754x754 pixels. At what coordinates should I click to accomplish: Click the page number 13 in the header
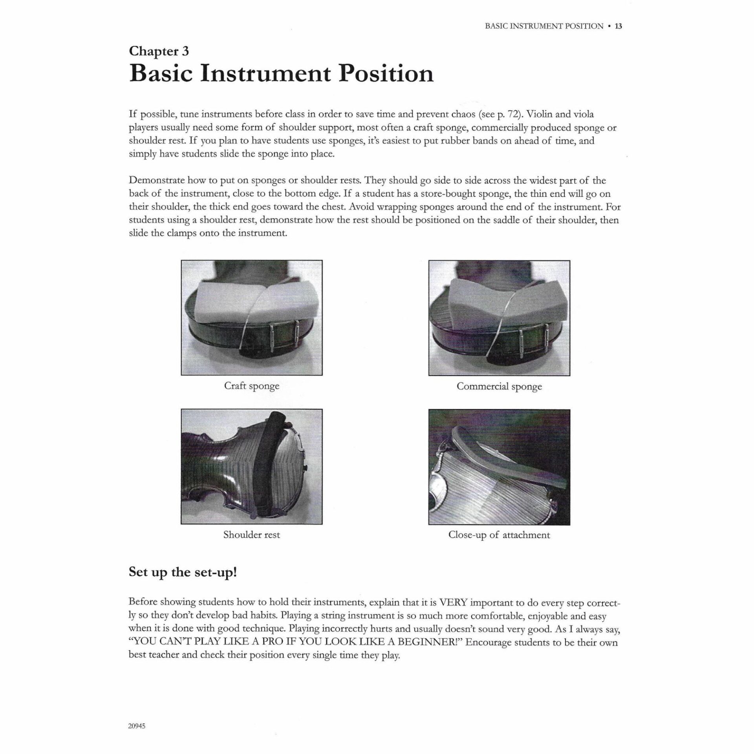click(x=619, y=26)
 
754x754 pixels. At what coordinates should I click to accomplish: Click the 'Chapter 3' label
click(x=159, y=51)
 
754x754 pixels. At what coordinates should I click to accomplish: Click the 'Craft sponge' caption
click(x=251, y=386)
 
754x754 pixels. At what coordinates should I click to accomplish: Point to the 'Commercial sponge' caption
click(x=499, y=386)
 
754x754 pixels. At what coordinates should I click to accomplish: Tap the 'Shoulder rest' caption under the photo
click(x=251, y=534)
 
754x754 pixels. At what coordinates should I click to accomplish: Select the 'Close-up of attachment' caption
click(x=499, y=535)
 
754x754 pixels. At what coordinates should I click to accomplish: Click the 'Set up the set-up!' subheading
click(x=183, y=573)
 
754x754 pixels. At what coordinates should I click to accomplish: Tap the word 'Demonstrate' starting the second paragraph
click(x=156, y=181)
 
